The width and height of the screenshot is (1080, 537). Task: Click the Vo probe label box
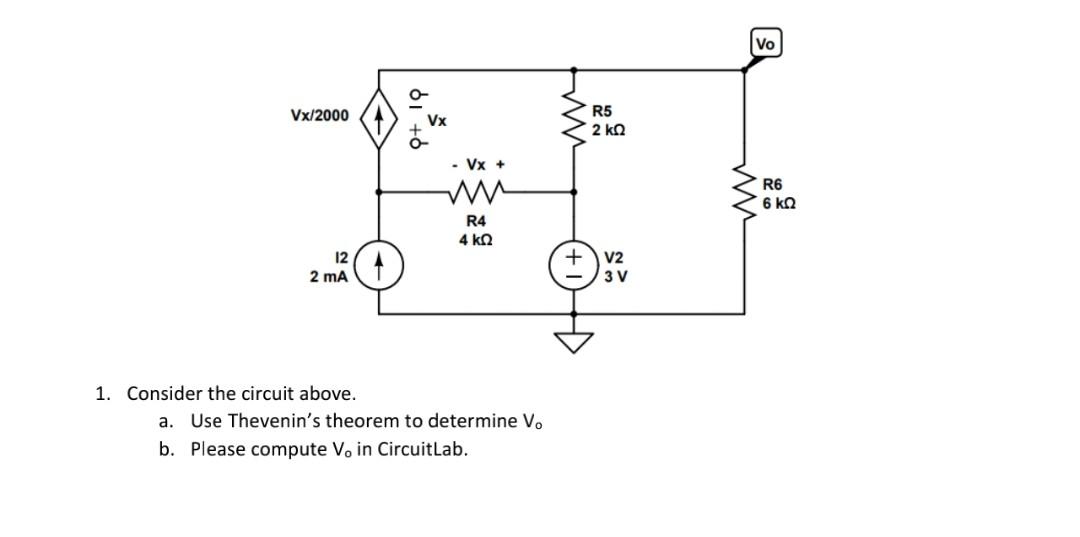[x=766, y=44]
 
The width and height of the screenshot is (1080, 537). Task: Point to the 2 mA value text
[x=329, y=277]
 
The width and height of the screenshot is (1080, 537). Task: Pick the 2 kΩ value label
[x=609, y=131]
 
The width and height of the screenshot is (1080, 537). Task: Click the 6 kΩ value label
[x=779, y=203]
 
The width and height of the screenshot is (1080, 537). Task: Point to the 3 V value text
[x=615, y=277]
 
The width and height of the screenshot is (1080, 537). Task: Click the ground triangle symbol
[x=573, y=343]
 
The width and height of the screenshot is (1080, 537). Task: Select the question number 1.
[x=102, y=393]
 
